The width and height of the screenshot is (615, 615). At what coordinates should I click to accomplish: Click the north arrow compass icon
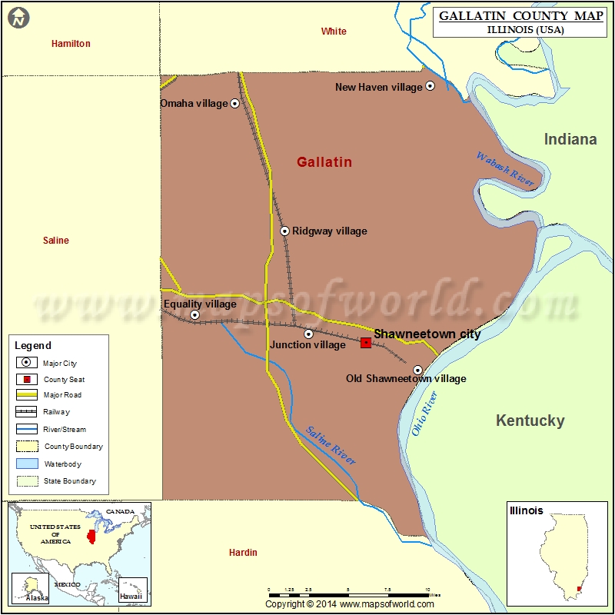click(x=18, y=18)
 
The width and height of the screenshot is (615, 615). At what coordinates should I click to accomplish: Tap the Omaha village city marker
click(x=235, y=103)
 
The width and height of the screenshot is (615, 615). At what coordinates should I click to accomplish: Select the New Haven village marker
click(x=430, y=86)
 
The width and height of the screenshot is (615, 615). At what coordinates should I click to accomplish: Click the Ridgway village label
click(x=329, y=231)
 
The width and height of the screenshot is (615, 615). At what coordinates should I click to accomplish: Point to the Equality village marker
click(x=194, y=314)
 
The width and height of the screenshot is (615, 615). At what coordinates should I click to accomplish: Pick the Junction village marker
click(x=308, y=334)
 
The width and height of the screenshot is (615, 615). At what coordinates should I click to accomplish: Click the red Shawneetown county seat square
click(x=366, y=342)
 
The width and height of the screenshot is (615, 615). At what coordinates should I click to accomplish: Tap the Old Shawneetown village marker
click(x=417, y=370)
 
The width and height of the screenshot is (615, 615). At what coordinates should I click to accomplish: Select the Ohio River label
click(x=424, y=414)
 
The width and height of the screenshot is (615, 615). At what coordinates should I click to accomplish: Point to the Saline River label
click(x=331, y=445)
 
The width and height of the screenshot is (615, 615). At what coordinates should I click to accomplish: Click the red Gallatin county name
click(x=324, y=162)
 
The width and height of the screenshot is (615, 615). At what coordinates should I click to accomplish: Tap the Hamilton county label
click(x=71, y=44)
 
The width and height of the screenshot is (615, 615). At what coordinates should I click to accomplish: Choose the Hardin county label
click(x=243, y=552)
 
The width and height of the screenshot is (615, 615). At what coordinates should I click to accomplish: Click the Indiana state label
click(x=570, y=139)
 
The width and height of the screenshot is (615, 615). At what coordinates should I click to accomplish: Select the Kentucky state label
click(x=530, y=421)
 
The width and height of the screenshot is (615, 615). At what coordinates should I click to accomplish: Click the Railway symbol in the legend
click(x=26, y=412)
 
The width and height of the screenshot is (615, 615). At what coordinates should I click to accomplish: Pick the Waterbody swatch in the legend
click(x=26, y=464)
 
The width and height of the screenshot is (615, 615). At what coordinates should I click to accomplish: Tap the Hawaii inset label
click(x=130, y=597)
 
